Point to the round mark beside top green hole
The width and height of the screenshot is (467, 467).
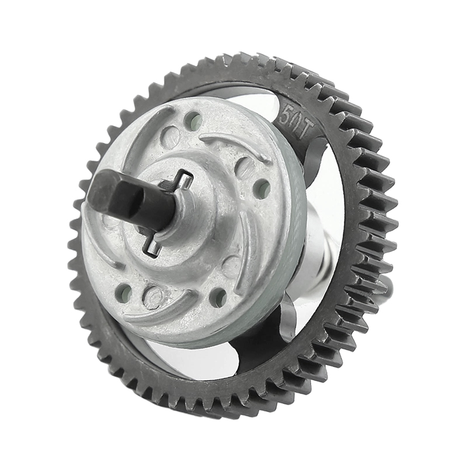click(x=170, y=138)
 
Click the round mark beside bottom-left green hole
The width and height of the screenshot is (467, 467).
click(x=153, y=297)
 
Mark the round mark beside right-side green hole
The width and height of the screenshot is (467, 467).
click(x=244, y=168)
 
